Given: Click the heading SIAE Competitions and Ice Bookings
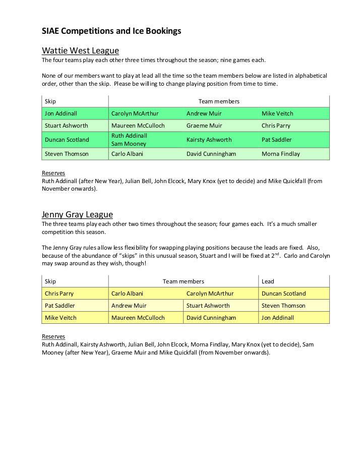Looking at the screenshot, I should coord(111,31).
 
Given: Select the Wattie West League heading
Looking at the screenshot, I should coord(80,50).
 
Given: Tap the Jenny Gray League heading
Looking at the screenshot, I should coord(77,214).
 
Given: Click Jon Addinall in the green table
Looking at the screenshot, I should coord(61,113).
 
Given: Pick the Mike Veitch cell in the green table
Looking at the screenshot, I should coord(277,113).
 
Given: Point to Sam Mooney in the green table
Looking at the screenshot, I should coord(129,144).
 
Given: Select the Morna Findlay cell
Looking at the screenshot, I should coord(280,154).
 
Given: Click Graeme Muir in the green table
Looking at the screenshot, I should coord(204,126).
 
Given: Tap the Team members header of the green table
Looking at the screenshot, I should coord(219,101).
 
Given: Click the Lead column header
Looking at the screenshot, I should coord(268,281).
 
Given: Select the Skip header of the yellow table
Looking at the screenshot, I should coord(50,281).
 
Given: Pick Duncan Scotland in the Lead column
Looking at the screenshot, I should coord(283,294).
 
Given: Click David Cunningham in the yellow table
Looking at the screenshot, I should coord(211,318).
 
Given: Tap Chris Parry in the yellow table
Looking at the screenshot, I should coord(59,294).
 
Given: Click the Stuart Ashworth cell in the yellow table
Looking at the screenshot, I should coord(208,306).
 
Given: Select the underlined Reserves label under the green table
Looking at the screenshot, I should coord(53,173).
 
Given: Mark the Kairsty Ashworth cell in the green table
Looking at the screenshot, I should coord(209,140).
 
